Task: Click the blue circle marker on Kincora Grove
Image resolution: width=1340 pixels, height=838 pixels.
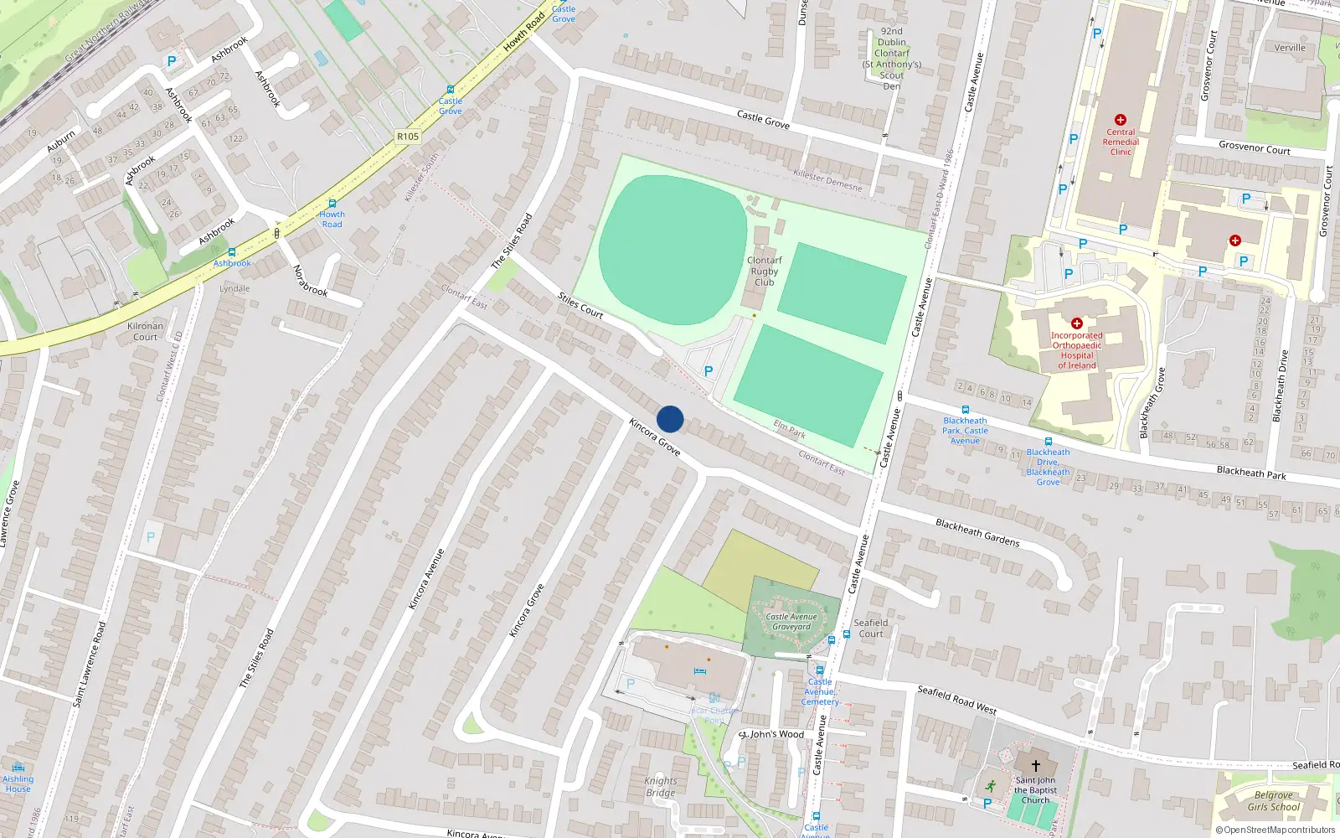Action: [x=670, y=419]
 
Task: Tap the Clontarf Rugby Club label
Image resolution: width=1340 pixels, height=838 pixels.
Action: [x=764, y=272]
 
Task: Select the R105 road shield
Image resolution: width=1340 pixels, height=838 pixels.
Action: [x=408, y=137]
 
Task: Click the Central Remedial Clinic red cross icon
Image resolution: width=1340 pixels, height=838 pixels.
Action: [x=1121, y=120]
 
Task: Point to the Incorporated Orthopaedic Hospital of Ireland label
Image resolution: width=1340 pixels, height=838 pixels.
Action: [x=1077, y=350]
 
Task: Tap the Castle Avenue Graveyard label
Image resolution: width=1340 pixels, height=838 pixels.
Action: [x=791, y=622]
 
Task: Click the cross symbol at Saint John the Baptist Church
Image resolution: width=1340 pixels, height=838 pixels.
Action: [x=1035, y=766]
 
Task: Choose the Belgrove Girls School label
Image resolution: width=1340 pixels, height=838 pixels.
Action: [x=1273, y=801]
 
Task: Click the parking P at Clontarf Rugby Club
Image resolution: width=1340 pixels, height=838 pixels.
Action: [x=709, y=370]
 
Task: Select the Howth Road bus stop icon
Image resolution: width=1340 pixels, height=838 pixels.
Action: [x=332, y=204]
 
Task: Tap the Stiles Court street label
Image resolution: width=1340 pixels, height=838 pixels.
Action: [x=580, y=306]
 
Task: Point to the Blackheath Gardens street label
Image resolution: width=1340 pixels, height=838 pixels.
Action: [x=977, y=533]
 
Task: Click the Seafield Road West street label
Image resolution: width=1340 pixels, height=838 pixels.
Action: [x=956, y=700]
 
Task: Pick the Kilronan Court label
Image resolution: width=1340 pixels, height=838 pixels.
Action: [x=145, y=332]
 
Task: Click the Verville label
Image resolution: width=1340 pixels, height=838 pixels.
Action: [x=1290, y=48]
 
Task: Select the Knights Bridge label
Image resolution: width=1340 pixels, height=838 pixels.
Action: [x=660, y=787]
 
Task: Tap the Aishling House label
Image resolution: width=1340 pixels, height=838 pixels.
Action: [x=18, y=784]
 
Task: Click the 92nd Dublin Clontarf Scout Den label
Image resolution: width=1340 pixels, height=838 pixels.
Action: [x=892, y=59]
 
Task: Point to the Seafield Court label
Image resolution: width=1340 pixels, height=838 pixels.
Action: [x=871, y=628]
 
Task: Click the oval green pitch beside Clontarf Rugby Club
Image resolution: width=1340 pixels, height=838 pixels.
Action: [x=673, y=249]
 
